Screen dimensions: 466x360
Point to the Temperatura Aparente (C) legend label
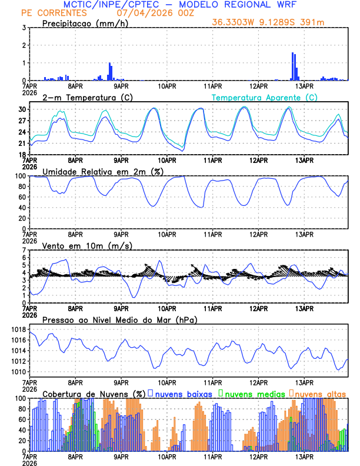[265, 97]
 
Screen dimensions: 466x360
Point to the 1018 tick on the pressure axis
[18, 329]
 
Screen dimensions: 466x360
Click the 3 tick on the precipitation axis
[24, 28]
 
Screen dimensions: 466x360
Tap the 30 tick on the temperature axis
[21, 109]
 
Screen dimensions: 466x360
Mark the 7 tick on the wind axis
[24, 250]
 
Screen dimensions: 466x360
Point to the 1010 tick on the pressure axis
[18, 372]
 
